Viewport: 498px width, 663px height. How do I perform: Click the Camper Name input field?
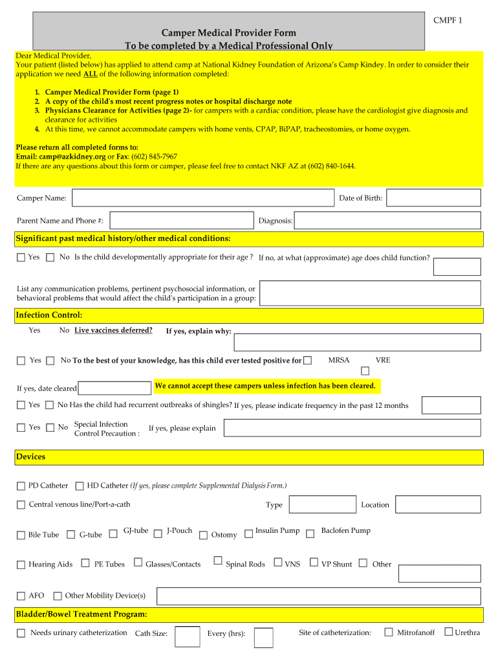(x=203, y=197)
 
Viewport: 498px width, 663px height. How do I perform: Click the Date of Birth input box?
(x=433, y=197)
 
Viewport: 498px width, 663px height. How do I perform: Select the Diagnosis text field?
(x=387, y=220)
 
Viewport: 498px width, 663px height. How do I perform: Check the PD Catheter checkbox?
(x=21, y=486)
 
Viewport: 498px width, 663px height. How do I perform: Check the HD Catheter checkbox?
(x=80, y=486)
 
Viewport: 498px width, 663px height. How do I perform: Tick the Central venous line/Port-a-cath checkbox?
(x=21, y=504)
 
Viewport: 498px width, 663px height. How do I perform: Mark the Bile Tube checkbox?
(x=21, y=535)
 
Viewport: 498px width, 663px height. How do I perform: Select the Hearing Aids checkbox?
(x=21, y=565)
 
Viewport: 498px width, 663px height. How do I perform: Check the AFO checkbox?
(x=21, y=596)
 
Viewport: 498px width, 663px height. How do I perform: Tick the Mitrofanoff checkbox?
(x=389, y=632)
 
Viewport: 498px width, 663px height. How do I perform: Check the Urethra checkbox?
(x=448, y=632)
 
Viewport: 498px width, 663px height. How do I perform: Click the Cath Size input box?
(x=188, y=636)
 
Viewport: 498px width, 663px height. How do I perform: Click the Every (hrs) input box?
(x=263, y=638)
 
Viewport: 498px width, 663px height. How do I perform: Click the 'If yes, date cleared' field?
(x=114, y=388)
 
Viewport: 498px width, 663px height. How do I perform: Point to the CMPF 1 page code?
(x=448, y=20)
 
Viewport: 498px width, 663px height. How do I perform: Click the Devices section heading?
(x=31, y=457)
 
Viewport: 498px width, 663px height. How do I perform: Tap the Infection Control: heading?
(x=49, y=315)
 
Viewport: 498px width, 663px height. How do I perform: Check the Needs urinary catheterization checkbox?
(x=21, y=633)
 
